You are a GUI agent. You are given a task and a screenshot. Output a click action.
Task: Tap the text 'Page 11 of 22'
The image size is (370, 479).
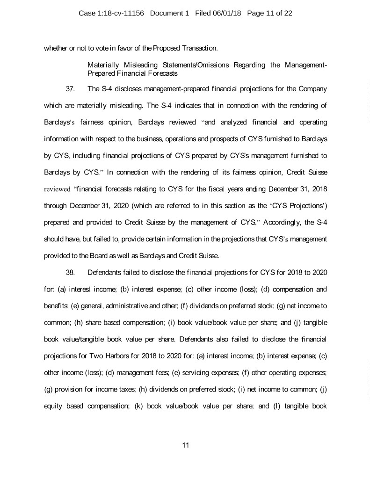coord(269,13)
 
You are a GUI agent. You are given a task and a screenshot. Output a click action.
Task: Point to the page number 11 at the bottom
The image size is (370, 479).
coord(185,445)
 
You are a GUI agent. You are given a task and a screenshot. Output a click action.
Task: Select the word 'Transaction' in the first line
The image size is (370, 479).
coord(200,48)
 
